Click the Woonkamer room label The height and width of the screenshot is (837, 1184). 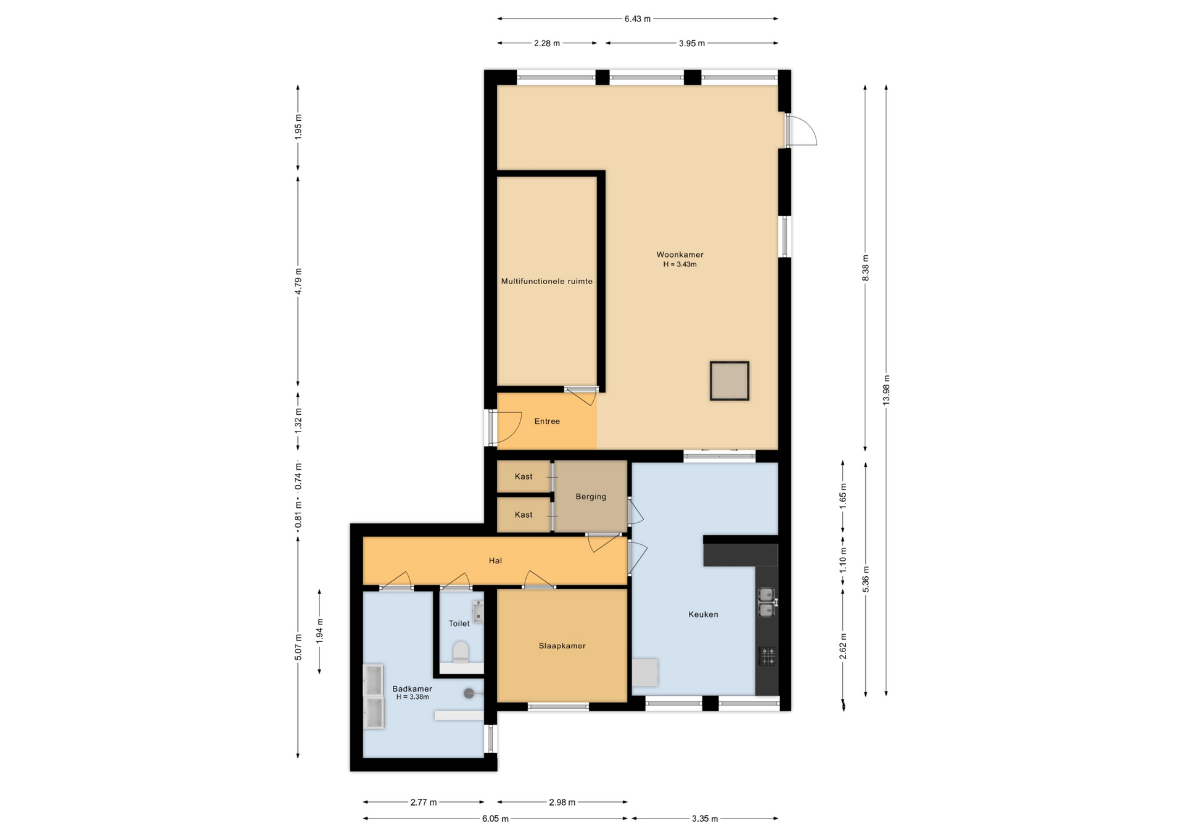tap(680, 255)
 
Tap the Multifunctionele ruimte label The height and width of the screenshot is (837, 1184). tap(546, 282)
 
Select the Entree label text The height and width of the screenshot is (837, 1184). tap(547, 422)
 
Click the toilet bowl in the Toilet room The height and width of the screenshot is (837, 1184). tap(461, 651)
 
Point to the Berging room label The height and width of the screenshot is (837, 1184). tap(591, 497)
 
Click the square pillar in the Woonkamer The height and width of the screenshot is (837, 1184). tap(729, 382)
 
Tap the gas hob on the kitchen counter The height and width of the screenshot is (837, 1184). tap(767, 656)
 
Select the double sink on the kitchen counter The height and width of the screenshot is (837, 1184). tap(767, 602)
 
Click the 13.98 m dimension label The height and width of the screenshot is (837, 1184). tap(886, 390)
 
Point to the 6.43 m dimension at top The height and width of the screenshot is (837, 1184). tap(637, 19)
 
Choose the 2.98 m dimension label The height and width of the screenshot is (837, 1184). tap(562, 802)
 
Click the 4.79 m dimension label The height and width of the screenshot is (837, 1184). tap(298, 281)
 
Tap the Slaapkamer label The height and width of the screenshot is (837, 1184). tap(562, 646)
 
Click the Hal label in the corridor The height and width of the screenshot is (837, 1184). tap(495, 561)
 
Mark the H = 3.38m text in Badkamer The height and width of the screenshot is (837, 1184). tap(413, 697)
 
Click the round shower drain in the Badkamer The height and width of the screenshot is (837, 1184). tap(469, 693)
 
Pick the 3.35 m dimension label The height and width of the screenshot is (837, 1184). tap(704, 819)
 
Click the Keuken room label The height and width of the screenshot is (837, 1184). tap(703, 614)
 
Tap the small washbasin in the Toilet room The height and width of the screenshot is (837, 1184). tap(478, 612)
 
